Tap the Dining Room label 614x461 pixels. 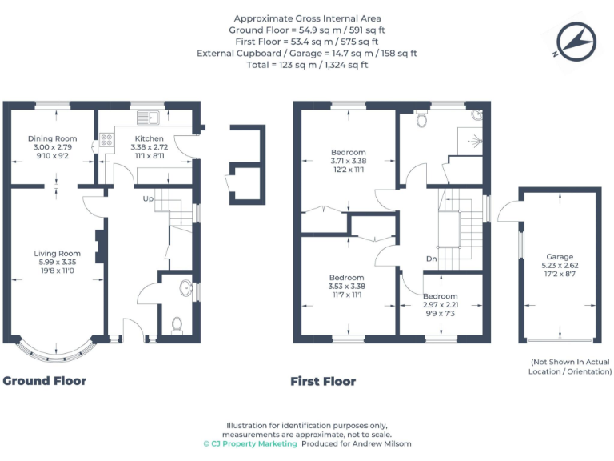pyautogui.click(x=51, y=138)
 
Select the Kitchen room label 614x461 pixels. pyautogui.click(x=149, y=138)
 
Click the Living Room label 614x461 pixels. pyautogui.click(x=57, y=254)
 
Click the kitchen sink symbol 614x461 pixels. pyautogui.click(x=148, y=118)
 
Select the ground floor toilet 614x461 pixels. pyautogui.click(x=177, y=323)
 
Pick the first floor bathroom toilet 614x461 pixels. pyautogui.click(x=421, y=120)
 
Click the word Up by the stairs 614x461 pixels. pyautogui.click(x=148, y=198)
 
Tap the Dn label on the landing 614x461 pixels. pyautogui.click(x=431, y=259)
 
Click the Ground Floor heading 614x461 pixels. pyautogui.click(x=44, y=381)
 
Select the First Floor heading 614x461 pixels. pyautogui.click(x=323, y=382)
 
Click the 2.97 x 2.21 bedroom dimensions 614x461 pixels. pyautogui.click(x=441, y=305)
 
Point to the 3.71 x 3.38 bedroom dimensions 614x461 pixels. pyautogui.click(x=348, y=161)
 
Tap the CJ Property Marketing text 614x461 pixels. pyautogui.click(x=249, y=443)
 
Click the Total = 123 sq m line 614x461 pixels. pyautogui.click(x=307, y=65)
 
